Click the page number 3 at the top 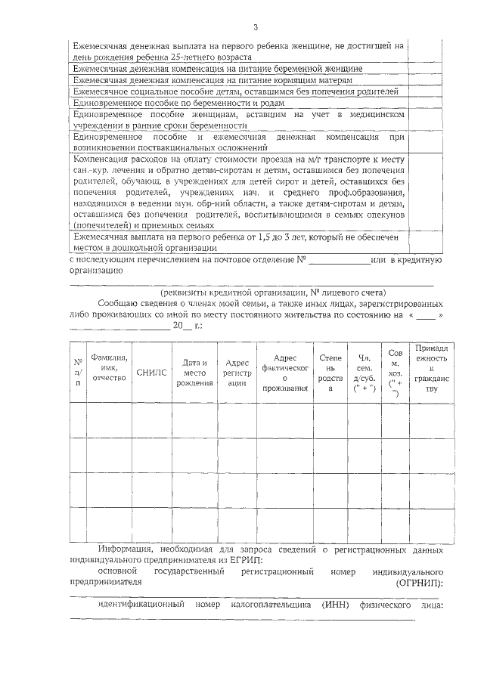(x=256, y=28)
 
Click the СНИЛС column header (x=150, y=372)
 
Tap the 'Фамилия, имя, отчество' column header (x=109, y=367)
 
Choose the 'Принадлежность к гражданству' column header (x=431, y=368)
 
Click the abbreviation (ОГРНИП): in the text (x=419, y=583)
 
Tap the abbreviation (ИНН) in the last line (x=334, y=605)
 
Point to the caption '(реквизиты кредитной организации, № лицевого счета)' (x=272, y=292)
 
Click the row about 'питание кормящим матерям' (x=213, y=79)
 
